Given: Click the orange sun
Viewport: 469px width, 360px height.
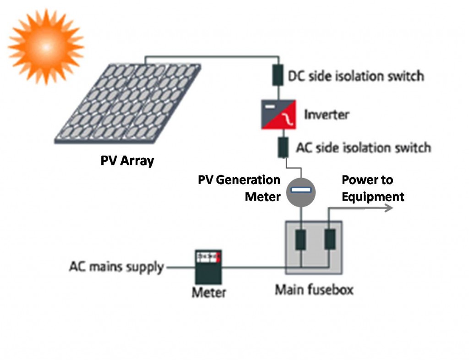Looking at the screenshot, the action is click(46, 47).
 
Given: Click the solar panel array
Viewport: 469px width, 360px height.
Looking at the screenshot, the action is click(128, 104).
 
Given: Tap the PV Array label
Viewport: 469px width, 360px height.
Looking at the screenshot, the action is click(127, 161).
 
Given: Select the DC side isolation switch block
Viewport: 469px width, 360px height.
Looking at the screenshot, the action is click(278, 75).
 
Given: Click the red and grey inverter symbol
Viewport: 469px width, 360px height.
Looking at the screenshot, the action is click(279, 115).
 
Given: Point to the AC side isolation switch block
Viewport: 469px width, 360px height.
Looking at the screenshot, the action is click(283, 147).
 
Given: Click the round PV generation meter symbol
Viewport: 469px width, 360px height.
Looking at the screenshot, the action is click(301, 192).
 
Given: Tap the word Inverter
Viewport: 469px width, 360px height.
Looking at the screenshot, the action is click(327, 115).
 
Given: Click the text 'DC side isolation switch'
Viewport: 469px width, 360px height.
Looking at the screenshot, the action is click(356, 76).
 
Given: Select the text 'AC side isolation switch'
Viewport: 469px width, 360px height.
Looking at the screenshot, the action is click(363, 147).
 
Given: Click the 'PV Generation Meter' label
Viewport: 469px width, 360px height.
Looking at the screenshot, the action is click(239, 188).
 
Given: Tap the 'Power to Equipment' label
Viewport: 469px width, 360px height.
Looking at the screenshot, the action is click(373, 188).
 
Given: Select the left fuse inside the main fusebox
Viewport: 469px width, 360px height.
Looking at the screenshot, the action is click(300, 240).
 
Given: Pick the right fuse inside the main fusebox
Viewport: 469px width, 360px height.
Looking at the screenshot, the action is click(330, 239).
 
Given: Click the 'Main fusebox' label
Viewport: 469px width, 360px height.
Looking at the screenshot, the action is click(314, 290).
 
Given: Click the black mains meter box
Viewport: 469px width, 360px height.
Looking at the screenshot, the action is click(208, 267).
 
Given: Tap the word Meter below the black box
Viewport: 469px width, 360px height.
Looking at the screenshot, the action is click(209, 292).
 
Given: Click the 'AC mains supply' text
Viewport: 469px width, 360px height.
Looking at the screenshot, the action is click(117, 267).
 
